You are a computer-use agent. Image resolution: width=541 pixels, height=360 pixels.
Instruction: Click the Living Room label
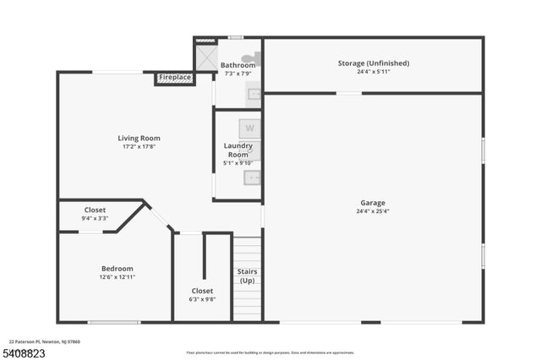139,138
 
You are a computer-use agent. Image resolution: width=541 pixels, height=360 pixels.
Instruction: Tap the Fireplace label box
176,78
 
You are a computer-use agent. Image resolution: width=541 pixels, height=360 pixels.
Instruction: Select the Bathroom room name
238,65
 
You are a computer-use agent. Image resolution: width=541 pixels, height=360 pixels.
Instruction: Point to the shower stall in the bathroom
206,57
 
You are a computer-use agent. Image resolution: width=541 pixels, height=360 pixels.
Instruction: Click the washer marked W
249,128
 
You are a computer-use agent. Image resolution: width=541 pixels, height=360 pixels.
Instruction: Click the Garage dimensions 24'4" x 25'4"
373,211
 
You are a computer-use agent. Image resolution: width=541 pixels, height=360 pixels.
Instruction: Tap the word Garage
373,203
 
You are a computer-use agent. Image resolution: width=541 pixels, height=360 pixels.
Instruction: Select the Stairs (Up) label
247,275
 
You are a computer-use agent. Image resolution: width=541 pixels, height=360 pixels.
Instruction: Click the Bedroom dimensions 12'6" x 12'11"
117,276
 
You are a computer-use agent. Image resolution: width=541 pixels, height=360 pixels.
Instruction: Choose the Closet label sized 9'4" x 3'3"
95,210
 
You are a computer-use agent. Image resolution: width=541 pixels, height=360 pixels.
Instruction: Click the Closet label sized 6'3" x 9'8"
202,291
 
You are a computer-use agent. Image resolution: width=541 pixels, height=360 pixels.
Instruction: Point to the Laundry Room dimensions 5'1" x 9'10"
238,163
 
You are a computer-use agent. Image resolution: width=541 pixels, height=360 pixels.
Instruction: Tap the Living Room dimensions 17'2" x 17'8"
139,146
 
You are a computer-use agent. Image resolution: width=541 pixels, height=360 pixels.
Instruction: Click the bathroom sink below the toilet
254,94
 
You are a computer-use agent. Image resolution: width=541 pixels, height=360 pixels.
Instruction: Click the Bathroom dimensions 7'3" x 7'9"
238,74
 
